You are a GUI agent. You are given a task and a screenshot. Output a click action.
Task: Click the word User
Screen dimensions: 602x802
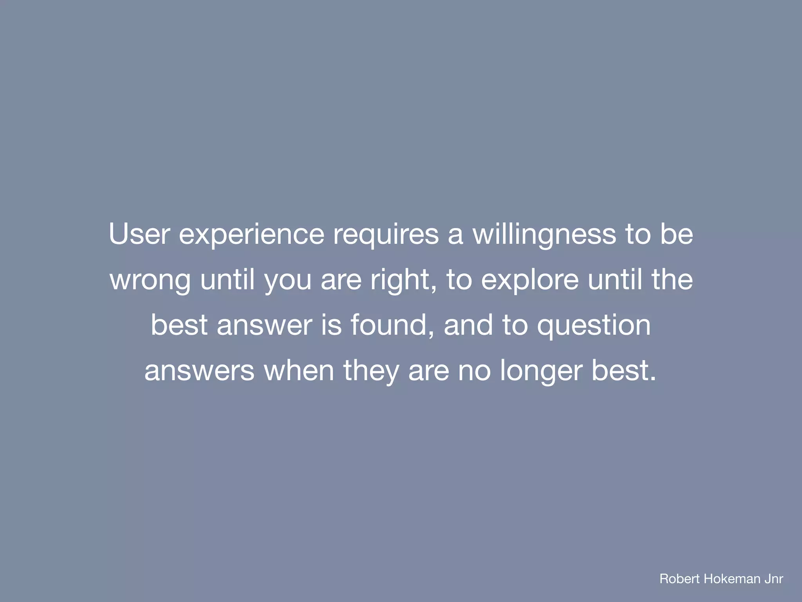pos(139,234)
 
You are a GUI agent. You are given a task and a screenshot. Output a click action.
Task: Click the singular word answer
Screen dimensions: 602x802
pos(264,325)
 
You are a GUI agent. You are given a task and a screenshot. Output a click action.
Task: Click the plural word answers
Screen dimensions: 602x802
pos(199,371)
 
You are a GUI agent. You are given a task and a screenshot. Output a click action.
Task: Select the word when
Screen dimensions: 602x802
pos(299,371)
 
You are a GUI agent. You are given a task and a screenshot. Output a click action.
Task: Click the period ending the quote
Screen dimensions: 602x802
pos(653,379)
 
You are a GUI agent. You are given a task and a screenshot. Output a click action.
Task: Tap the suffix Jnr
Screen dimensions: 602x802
pos(774,578)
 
